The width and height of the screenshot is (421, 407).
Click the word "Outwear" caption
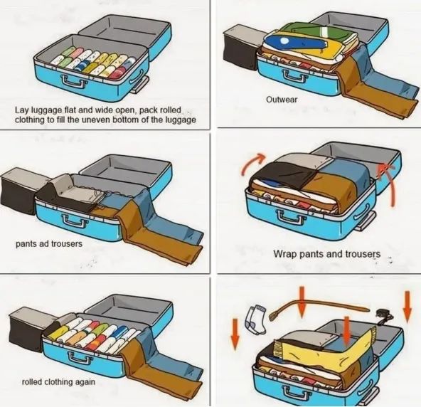coord(282,100)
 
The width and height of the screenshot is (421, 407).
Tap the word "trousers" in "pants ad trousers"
coord(67,244)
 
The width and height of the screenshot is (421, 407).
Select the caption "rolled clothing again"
coord(58,382)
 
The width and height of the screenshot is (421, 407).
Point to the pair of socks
coord(255,319)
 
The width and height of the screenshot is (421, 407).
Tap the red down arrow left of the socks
coord(235,334)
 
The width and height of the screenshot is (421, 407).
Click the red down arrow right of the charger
coord(407,306)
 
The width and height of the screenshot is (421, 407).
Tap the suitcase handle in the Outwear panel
coord(294,75)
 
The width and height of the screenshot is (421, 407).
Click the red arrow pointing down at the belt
coord(302,302)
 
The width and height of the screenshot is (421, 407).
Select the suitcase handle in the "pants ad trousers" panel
coord(75,221)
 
